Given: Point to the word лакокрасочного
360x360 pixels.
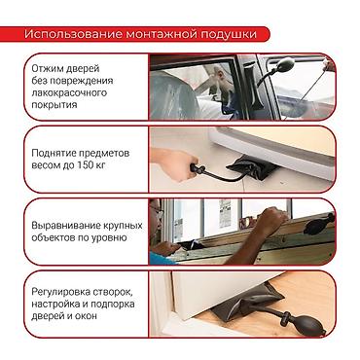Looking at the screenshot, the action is pyautogui.click(x=69, y=92).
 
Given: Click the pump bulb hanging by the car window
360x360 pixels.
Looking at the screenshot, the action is pyautogui.click(x=285, y=65).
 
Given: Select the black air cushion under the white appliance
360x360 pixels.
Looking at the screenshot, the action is pyautogui.click(x=252, y=167).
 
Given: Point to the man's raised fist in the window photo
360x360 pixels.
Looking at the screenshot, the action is pyautogui.click(x=274, y=217).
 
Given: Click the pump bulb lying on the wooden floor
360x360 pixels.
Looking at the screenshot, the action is pyautogui.click(x=309, y=323).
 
